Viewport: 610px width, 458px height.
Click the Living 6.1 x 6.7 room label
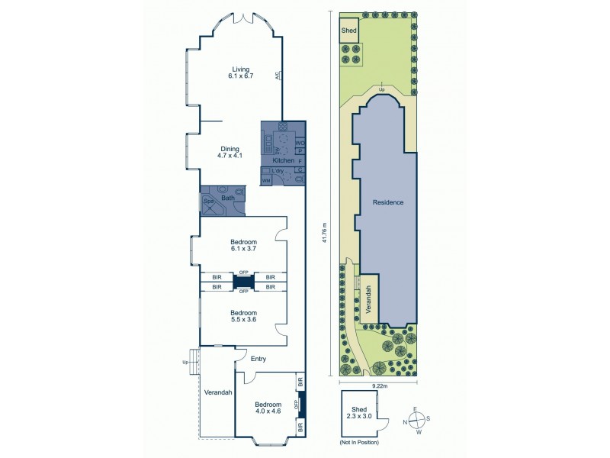tap(239, 73)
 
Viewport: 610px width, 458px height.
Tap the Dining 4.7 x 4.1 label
tap(230, 152)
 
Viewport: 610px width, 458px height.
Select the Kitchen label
tap(284, 162)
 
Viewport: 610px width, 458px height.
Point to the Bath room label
tap(227, 198)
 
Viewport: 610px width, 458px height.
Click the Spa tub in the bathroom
tap(209, 204)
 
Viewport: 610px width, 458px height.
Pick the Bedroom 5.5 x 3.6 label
tap(243, 317)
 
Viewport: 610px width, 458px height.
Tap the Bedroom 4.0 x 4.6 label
tap(268, 408)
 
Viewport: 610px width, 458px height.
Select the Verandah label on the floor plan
tap(217, 392)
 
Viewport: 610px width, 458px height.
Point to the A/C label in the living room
tap(280, 76)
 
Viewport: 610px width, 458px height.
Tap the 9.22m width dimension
tap(380, 386)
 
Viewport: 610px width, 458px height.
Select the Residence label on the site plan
tap(387, 202)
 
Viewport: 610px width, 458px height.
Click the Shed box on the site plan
tap(348, 31)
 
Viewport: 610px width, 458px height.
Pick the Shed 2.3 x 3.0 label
tap(359, 412)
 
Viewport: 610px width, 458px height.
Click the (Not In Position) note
tap(358, 442)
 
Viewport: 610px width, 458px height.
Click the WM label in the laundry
tap(266, 180)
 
